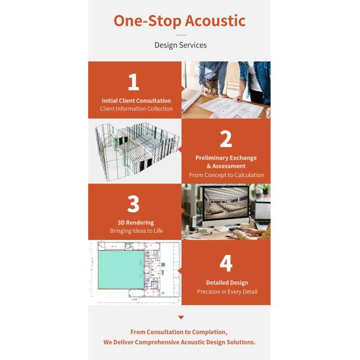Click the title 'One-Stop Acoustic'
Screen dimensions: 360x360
[179, 20]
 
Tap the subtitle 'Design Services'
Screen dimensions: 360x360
[180, 45]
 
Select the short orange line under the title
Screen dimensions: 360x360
[180, 35]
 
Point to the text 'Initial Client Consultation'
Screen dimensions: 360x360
[136, 101]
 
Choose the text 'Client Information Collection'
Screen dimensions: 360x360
[136, 109]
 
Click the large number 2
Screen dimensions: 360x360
[226, 139]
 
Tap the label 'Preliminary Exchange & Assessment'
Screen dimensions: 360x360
[226, 162]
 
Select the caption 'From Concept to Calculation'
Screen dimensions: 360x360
[226, 175]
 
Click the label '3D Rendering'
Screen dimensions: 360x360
[136, 223]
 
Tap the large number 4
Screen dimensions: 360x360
[226, 263]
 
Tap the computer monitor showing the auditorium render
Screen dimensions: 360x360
[228, 206]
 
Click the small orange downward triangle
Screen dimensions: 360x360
[181, 317]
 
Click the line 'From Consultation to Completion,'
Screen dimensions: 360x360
[179, 332]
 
